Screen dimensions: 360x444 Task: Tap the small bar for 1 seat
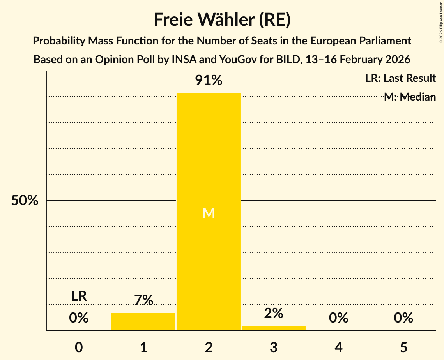[143, 321]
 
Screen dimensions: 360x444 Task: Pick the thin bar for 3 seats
[274, 328]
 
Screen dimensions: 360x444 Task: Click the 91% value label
[209, 81]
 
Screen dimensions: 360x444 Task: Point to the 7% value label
[143, 300]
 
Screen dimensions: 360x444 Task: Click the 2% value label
[274, 313]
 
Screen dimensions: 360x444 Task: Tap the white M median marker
[209, 213]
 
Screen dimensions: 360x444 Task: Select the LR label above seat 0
[79, 296]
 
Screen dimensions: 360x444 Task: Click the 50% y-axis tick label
[25, 201]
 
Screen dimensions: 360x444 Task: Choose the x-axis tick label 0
[79, 348]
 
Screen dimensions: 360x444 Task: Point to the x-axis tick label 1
[143, 348]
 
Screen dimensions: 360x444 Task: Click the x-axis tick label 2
[209, 348]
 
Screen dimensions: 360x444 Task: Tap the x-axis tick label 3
[274, 348]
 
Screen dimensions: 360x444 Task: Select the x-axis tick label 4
[338, 348]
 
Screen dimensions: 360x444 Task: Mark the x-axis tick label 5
[403, 348]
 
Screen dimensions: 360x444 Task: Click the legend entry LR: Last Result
[400, 78]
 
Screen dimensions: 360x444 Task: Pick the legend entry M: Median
[410, 97]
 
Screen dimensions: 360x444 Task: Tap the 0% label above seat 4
[338, 318]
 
